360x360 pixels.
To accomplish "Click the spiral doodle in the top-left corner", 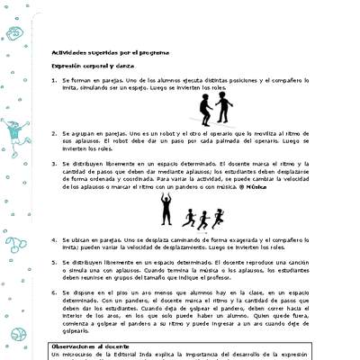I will coord(13,32).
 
